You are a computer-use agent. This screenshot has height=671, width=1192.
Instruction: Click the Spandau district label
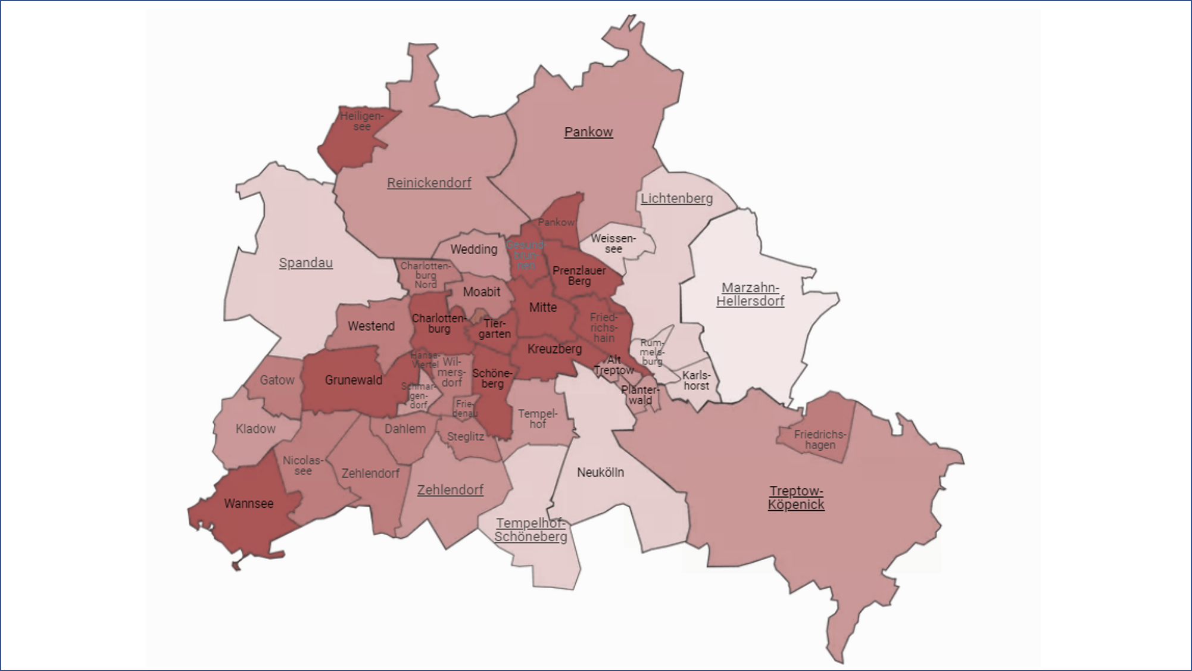(305, 263)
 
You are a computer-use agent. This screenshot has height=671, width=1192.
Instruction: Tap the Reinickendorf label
(429, 183)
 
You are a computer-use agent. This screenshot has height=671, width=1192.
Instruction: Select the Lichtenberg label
(676, 198)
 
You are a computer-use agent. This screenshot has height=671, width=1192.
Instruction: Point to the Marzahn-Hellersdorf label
(750, 294)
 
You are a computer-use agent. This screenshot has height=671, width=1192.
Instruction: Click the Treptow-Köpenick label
(796, 498)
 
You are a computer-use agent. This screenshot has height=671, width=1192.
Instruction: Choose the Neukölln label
(600, 472)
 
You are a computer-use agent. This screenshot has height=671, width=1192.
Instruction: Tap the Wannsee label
(249, 503)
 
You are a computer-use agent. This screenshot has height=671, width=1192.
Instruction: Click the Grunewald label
(354, 380)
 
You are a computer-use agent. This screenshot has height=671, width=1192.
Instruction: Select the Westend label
(371, 326)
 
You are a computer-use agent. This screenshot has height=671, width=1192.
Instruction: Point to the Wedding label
(473, 249)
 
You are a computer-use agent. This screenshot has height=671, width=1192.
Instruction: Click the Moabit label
(482, 292)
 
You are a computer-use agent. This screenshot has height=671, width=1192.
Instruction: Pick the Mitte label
(543, 307)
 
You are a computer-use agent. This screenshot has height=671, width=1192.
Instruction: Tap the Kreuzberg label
(554, 349)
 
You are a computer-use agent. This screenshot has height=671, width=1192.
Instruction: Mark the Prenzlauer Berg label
(579, 276)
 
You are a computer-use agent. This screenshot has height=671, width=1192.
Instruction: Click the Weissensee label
(613, 244)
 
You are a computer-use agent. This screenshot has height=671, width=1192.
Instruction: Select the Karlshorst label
(696, 380)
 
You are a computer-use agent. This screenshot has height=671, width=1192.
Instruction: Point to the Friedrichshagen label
(820, 439)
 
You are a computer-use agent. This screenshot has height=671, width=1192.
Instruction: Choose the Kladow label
(255, 429)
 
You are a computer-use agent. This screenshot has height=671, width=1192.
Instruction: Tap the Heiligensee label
(362, 121)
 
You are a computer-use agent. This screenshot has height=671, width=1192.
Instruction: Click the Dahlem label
(405, 429)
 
